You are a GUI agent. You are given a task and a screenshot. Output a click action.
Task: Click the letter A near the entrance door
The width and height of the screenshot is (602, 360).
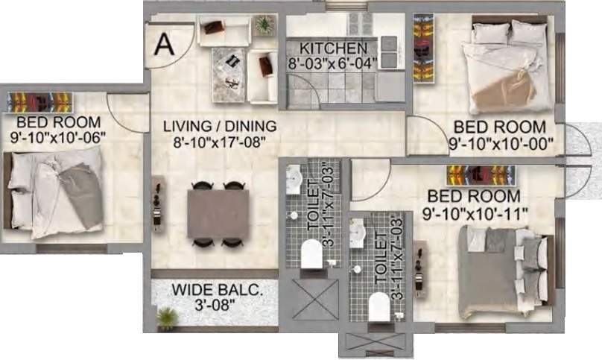(x=164, y=44)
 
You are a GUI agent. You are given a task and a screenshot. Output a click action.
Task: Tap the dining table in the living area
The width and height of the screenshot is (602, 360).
(x=218, y=213)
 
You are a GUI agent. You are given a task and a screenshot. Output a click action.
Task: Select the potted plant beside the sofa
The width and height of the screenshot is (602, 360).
(x=264, y=25)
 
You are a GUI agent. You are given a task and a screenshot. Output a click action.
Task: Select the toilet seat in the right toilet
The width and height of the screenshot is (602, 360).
(x=379, y=306)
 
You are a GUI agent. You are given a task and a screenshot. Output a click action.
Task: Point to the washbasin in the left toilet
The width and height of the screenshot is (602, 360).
(x=294, y=180)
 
